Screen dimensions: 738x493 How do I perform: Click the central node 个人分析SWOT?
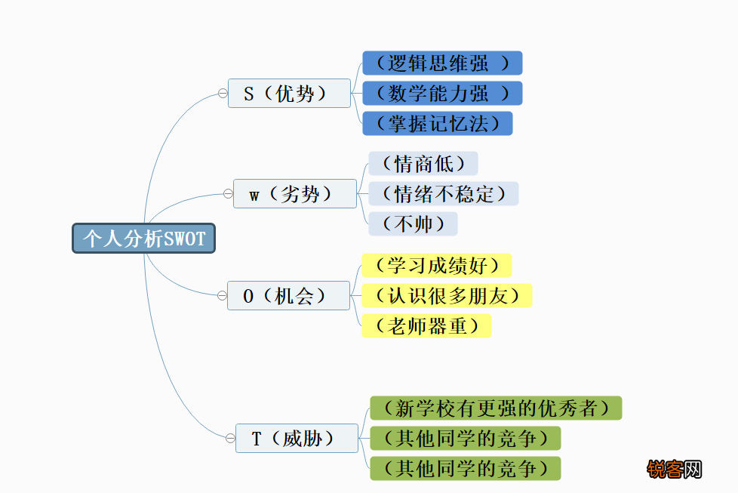coord(143,239)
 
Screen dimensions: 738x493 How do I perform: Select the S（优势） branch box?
coord(290,93)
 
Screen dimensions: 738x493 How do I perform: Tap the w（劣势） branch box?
coord(295,193)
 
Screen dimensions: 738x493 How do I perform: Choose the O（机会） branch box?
coord(288,296)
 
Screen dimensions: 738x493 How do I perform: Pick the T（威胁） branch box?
coord(297,439)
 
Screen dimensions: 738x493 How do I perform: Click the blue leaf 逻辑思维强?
coord(442,63)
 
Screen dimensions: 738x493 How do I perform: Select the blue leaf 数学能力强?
coord(442,93)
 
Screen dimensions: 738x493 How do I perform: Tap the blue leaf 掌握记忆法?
coord(437,123)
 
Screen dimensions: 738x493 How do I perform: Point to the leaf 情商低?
coord(423,163)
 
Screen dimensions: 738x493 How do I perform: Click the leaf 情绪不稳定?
coord(444,193)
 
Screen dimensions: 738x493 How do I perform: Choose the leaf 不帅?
coord(413,223)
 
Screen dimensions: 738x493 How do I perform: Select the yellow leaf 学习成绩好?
coord(437,265)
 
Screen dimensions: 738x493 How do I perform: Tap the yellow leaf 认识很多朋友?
coord(447,296)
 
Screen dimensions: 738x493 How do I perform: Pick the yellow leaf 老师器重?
coord(426,326)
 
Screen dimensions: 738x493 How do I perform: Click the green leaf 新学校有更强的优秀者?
coord(496,408)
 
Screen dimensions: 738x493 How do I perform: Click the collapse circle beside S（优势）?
coord(223,93)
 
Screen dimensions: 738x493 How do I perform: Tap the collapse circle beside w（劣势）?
coord(229,193)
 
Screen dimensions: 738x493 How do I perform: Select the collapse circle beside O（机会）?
coord(222,296)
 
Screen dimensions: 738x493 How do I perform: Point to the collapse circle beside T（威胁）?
coord(230,439)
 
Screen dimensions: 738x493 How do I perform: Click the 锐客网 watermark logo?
coord(675,470)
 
